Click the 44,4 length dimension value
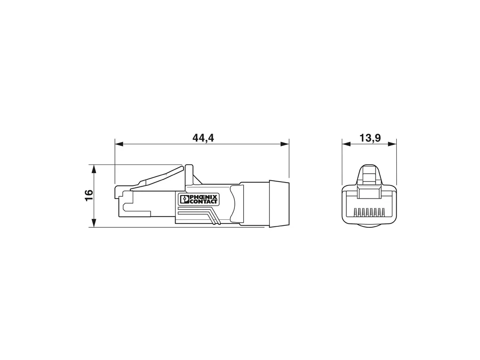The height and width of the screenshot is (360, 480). tap(203, 138)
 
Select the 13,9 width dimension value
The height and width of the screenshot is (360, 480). tap(370, 138)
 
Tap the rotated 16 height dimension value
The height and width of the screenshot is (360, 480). tap(89, 195)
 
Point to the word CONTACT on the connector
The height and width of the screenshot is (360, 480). tap(203, 201)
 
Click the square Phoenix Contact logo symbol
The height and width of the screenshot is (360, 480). tap(185, 200)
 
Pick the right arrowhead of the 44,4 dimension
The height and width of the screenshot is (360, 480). tap(285, 144)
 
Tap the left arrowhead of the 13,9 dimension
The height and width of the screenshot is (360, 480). tap(346, 144)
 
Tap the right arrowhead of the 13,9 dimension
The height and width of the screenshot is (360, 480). tap(392, 144)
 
